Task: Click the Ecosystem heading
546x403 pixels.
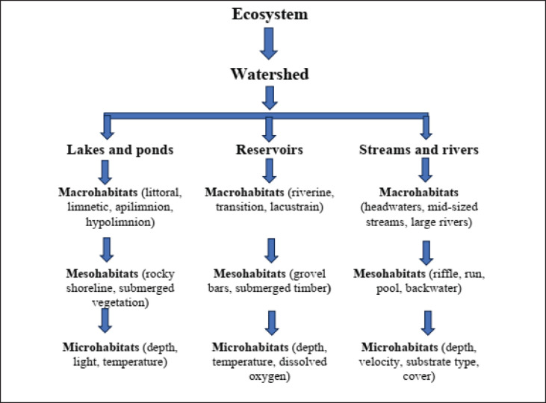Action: coord(270,15)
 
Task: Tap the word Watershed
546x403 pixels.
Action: coord(270,74)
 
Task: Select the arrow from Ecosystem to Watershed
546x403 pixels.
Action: coord(269,43)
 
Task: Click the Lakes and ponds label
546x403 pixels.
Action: coord(120,150)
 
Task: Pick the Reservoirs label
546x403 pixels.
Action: coord(270,150)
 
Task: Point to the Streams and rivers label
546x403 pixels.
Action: coord(419,150)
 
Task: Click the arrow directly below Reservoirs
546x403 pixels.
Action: coord(269,170)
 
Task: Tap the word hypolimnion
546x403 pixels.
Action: coord(120,222)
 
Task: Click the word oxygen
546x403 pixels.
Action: coord(269,377)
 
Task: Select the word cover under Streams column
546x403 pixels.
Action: coord(419,377)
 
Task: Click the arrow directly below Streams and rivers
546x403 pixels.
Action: coord(425,170)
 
